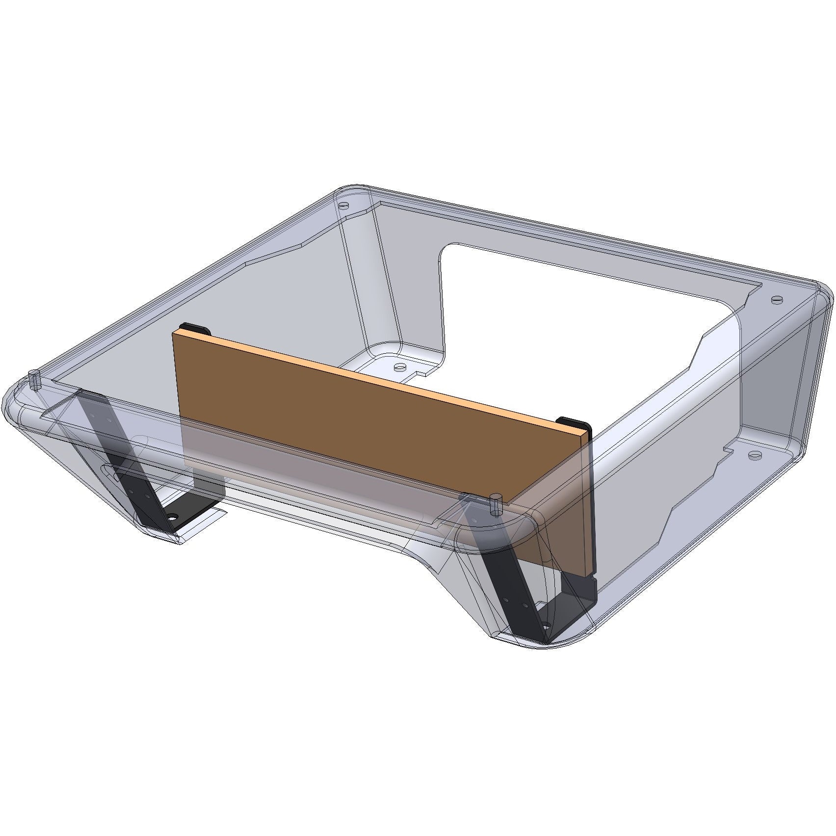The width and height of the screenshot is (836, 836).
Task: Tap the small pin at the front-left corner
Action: pos(34,379)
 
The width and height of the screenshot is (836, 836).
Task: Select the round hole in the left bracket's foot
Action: pos(173,518)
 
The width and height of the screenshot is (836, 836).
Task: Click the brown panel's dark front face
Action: pos(343,407)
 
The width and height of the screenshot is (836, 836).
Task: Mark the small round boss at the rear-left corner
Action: pos(344,205)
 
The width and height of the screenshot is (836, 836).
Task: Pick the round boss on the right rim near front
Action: pos(754,455)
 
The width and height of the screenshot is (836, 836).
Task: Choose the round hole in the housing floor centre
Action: pos(400,366)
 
